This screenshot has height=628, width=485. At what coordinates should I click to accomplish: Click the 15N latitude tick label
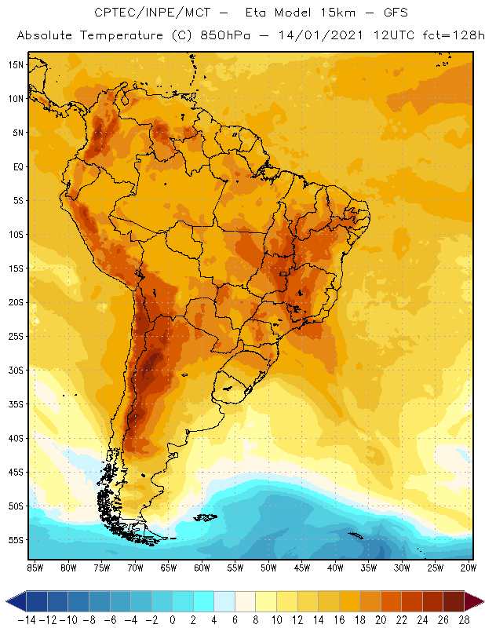point(15,64)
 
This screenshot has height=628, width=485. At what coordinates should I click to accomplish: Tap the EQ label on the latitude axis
point(16,166)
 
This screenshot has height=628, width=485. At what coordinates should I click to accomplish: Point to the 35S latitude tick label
point(15,404)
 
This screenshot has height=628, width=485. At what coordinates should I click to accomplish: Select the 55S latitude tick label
point(15,540)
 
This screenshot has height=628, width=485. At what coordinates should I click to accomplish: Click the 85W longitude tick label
point(35,567)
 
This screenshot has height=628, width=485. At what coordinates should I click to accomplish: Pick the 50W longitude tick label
point(269,567)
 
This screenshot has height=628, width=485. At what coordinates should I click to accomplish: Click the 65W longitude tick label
point(169,567)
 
